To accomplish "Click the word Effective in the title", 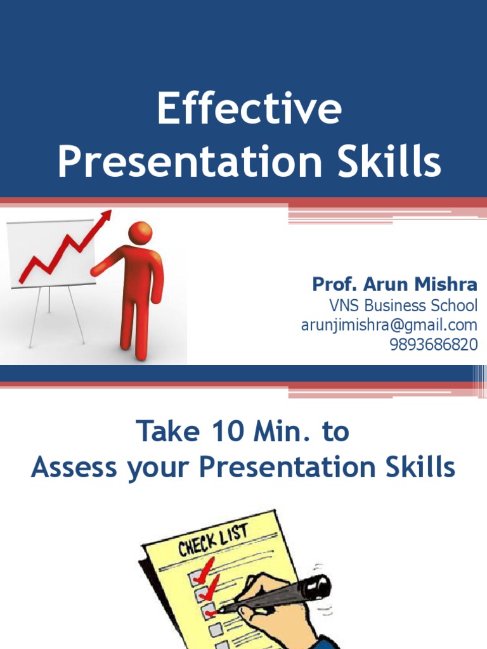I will [249, 109].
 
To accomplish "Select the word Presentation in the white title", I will [188, 162].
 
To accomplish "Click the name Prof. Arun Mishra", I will [394, 284].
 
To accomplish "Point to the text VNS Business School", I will [403, 305].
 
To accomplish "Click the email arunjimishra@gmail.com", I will [389, 325].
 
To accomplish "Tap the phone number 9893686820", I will [434, 345].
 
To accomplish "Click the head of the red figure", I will [140, 233].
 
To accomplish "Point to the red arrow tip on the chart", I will [107, 215].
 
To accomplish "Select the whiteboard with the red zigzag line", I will [51, 254].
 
